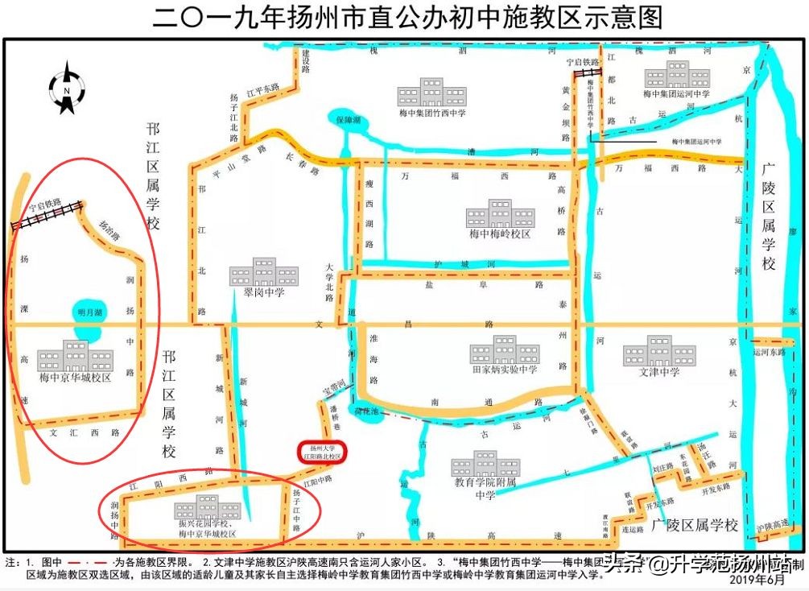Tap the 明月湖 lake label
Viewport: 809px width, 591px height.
click(89, 312)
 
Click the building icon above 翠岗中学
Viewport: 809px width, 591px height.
click(253, 271)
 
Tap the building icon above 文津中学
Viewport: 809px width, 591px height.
click(659, 351)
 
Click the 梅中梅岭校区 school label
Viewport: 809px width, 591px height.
click(500, 234)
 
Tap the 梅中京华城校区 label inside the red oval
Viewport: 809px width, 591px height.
click(75, 376)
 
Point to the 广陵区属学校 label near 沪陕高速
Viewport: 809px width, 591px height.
click(695, 525)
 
